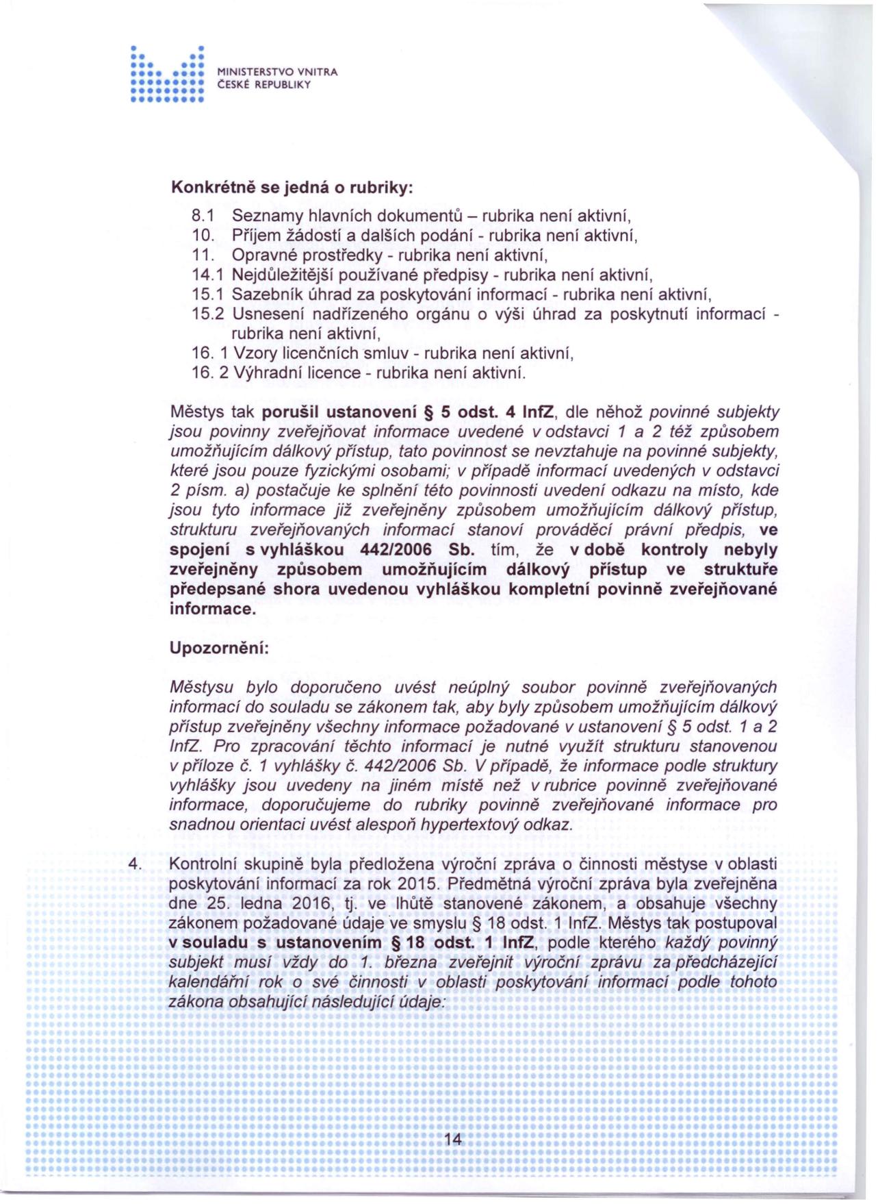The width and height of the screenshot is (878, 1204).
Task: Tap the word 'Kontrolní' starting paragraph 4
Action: click(x=205, y=864)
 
